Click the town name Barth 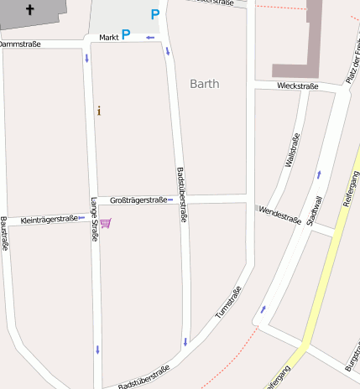point(205,84)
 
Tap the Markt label point(108,38)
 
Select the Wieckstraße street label point(297,86)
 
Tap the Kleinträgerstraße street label point(48,219)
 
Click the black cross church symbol point(31,10)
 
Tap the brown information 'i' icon point(99,111)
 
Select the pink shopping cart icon point(106,223)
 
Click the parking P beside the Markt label point(126,34)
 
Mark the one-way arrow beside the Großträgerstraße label point(170,200)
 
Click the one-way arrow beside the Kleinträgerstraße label point(81,218)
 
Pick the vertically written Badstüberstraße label point(180,194)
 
